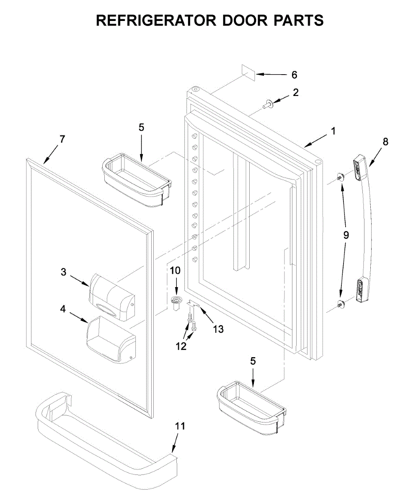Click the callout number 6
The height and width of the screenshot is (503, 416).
tap(294, 75)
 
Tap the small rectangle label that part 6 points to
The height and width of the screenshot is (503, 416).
tap(248, 73)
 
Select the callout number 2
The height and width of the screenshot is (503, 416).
tap(296, 93)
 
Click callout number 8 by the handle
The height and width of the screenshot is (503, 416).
tap(385, 142)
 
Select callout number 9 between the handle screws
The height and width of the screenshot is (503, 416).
tap(346, 235)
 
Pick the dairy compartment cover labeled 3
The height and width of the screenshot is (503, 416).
tap(112, 294)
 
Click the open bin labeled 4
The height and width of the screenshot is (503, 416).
tap(111, 339)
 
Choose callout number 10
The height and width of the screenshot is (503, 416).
tap(175, 270)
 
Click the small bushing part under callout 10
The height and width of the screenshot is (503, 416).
tap(177, 303)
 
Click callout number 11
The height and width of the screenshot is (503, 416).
tap(180, 426)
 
